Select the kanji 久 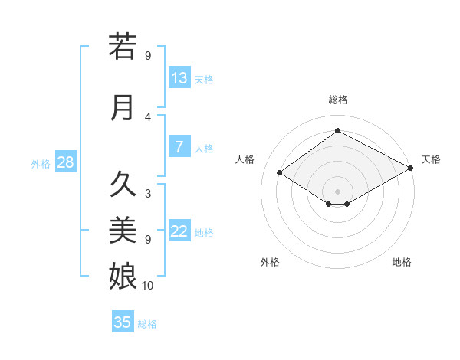coord(123,185)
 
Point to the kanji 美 coord(123,230)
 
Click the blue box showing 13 coord(179,78)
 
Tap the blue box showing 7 coord(179,147)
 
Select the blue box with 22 coord(179,232)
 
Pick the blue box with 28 coord(64,162)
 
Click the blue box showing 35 coord(123,322)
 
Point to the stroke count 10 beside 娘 coord(148,286)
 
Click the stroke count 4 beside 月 coord(148,116)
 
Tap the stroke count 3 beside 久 coord(148,193)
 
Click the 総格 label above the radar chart coord(338,100)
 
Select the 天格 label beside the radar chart coord(432,159)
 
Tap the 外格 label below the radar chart coord(270,262)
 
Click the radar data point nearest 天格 coord(411,168)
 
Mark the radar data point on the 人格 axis coord(280,173)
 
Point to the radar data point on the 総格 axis coord(337,131)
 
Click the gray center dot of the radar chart coord(337,191)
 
